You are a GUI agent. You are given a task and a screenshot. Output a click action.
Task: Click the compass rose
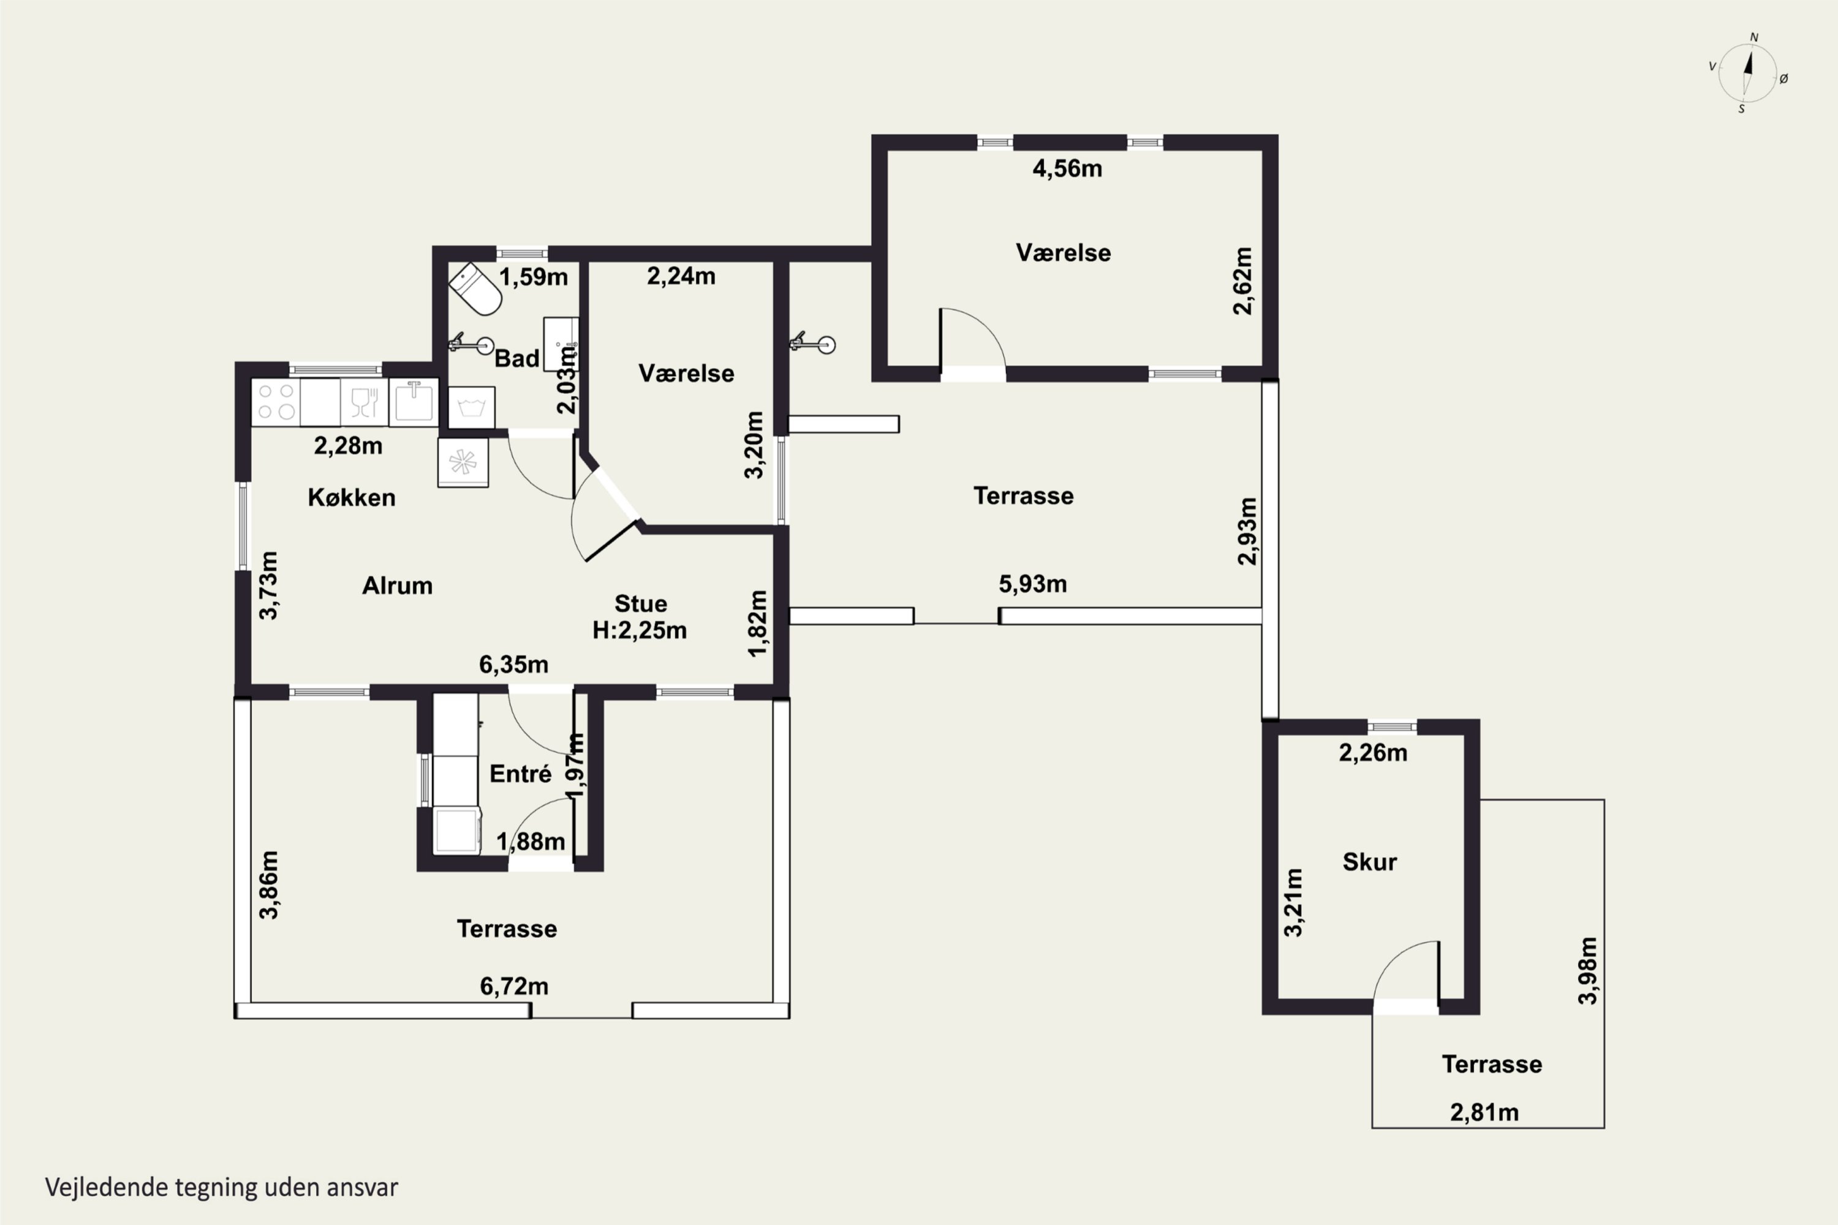pyautogui.click(x=1748, y=73)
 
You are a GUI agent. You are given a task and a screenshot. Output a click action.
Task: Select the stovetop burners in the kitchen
pyautogui.click(x=276, y=402)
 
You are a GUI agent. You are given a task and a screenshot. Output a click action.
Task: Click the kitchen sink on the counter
pyautogui.click(x=414, y=402)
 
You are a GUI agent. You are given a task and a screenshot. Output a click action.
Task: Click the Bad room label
pyautogui.click(x=517, y=358)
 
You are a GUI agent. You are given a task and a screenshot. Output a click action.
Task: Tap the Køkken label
pyautogui.click(x=352, y=497)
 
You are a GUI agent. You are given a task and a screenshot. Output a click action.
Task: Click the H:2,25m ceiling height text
pyautogui.click(x=639, y=630)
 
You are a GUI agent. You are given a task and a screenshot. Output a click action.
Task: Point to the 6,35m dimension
pyautogui.click(x=513, y=665)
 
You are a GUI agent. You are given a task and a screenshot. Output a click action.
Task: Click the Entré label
pyautogui.click(x=520, y=774)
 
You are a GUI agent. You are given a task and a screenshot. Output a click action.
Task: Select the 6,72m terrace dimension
pyautogui.click(x=514, y=987)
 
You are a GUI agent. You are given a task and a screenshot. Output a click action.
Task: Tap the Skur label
pyautogui.click(x=1370, y=862)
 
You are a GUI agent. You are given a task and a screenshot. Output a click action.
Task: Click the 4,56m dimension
pyautogui.click(x=1067, y=169)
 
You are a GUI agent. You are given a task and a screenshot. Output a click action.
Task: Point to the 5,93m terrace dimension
pyautogui.click(x=1033, y=584)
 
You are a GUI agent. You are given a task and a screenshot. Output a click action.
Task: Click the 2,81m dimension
pyautogui.click(x=1484, y=1112)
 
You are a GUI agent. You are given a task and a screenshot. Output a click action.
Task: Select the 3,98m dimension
pyautogui.click(x=1588, y=970)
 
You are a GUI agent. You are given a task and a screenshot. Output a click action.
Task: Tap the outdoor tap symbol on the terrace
pyautogui.click(x=813, y=343)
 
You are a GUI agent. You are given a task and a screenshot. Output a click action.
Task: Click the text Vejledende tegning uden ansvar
pyautogui.click(x=222, y=1188)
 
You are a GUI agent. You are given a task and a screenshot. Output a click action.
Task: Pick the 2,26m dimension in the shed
pyautogui.click(x=1373, y=753)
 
